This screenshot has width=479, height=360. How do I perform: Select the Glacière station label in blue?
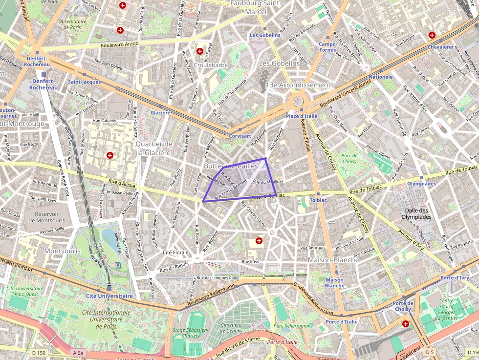160,112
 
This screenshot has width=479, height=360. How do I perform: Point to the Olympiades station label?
421,184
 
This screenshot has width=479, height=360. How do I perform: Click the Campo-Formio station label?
327,47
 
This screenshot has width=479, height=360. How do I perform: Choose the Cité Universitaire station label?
109,296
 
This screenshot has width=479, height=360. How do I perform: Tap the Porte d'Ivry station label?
455,277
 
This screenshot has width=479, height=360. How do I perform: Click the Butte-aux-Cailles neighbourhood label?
230,166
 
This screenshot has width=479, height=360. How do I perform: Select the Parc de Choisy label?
349,158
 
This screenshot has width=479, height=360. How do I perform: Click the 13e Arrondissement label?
298,85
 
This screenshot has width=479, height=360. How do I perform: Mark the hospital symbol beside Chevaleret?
432,35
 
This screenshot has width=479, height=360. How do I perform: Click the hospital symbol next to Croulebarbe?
199,51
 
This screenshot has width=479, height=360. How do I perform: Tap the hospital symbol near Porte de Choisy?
405,324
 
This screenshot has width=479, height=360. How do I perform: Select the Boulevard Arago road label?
120,44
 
